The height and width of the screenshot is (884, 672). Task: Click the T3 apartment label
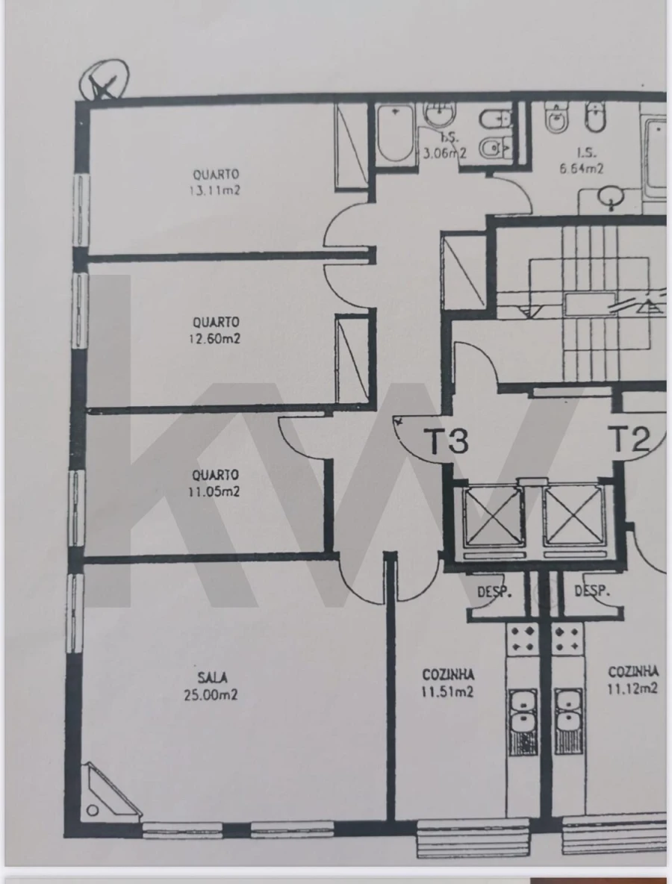[x=447, y=441]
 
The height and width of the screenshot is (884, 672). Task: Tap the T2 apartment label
[x=630, y=440]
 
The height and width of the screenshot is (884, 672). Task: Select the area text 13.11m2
[x=215, y=190]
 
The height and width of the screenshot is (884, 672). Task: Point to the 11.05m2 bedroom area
[x=215, y=491]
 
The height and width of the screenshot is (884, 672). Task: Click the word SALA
[x=212, y=678]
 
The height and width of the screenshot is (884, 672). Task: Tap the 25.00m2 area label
[x=211, y=694]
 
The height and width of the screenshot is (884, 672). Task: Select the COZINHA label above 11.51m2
[x=448, y=675]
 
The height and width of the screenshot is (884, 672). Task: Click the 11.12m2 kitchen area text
[x=632, y=688]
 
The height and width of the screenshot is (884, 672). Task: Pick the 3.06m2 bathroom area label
[x=445, y=154]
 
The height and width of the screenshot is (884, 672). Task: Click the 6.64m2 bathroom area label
[x=581, y=169]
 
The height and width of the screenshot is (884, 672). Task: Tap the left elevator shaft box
[x=490, y=516]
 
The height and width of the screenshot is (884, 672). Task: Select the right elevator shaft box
[x=572, y=516]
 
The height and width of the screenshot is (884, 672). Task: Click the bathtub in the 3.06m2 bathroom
[x=394, y=136]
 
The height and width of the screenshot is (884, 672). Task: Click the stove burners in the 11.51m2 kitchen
[x=523, y=640]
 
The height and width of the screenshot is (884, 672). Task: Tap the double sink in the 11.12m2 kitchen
[x=568, y=712]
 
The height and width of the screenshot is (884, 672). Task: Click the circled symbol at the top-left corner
[x=105, y=80]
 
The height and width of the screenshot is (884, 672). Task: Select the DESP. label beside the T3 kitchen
[x=494, y=592]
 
